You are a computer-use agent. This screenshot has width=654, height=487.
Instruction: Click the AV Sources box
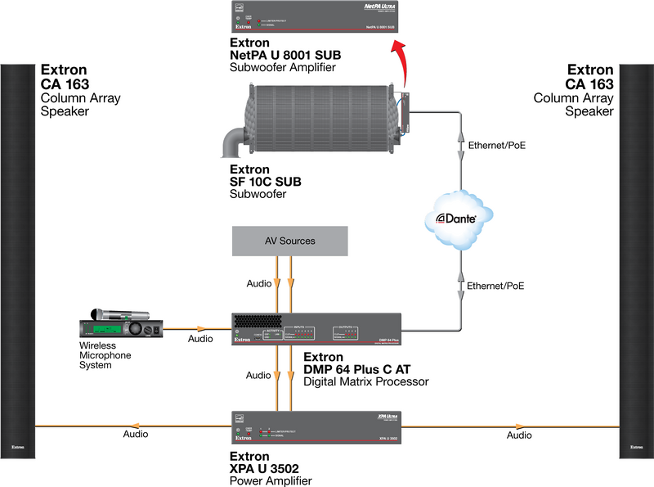click(289, 241)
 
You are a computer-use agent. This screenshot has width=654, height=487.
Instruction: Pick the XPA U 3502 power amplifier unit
click(316, 427)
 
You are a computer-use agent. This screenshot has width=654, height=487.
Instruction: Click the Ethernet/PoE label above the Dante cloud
click(496, 146)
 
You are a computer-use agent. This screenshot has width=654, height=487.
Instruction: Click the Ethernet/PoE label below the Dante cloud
click(496, 286)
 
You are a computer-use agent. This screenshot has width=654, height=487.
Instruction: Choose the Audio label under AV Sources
click(259, 284)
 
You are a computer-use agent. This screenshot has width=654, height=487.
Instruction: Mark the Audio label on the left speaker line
click(136, 435)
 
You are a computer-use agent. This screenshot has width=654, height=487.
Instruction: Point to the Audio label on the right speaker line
click(519, 435)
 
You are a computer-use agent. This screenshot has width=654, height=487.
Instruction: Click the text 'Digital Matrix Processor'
click(365, 381)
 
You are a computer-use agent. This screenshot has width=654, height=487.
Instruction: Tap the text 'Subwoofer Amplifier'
click(283, 67)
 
